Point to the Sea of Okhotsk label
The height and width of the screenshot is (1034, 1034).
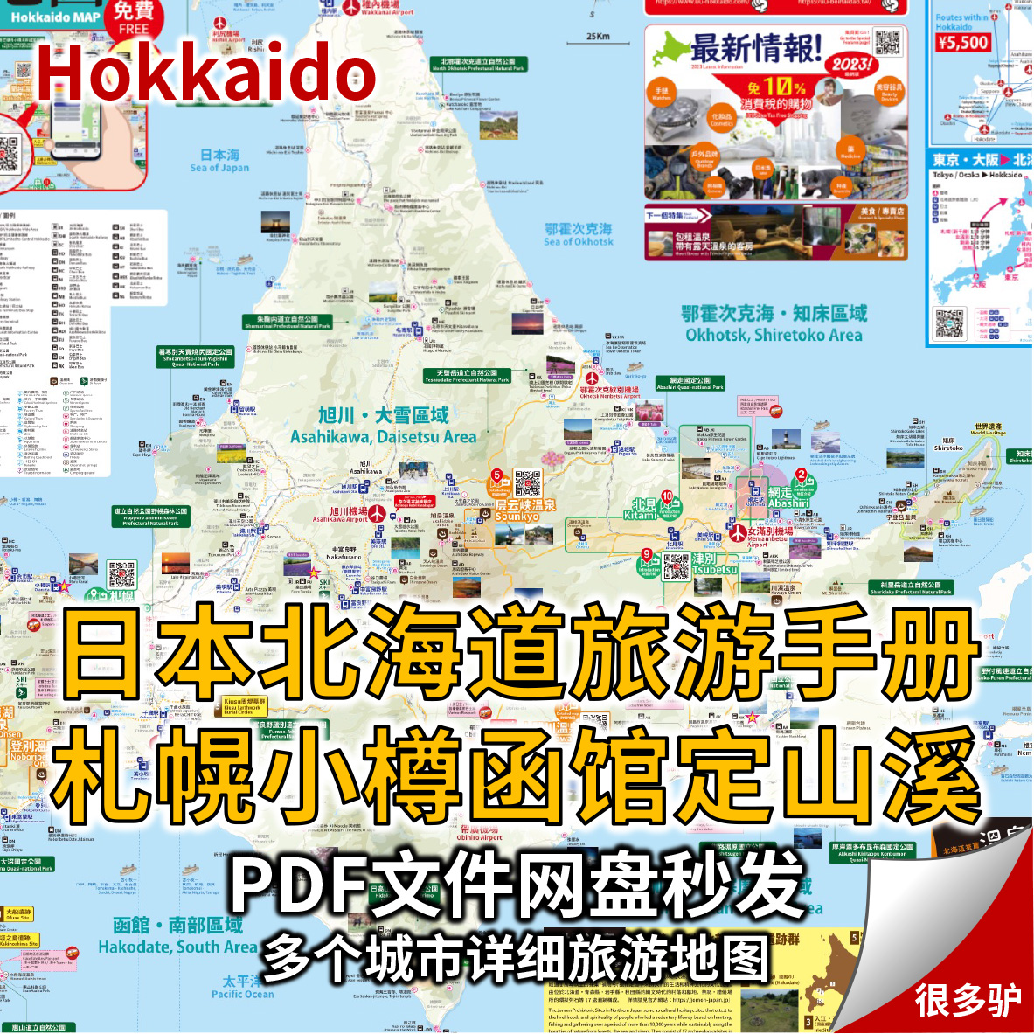pyautogui.click(x=579, y=234)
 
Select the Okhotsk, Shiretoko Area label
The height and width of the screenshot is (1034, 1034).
pyautogui.click(x=774, y=325)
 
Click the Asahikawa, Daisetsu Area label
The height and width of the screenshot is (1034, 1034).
pyautogui.click(x=384, y=426)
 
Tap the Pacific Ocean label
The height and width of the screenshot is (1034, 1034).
pyautogui.click(x=242, y=988)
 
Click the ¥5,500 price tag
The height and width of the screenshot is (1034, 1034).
pyautogui.click(x=962, y=43)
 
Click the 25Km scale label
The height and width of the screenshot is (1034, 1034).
pyautogui.click(x=598, y=37)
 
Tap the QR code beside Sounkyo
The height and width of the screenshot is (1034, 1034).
pyautogui.click(x=528, y=483)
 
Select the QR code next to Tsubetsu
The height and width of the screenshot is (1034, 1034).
pyautogui.click(x=677, y=566)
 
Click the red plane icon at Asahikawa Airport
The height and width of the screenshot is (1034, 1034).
pyautogui.click(x=377, y=513)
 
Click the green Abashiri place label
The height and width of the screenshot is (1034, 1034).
pyautogui.click(x=788, y=498)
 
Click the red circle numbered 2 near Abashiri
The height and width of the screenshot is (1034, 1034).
pyautogui.click(x=801, y=475)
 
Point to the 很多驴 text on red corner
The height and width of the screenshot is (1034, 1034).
pyautogui.click(x=968, y=1000)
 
